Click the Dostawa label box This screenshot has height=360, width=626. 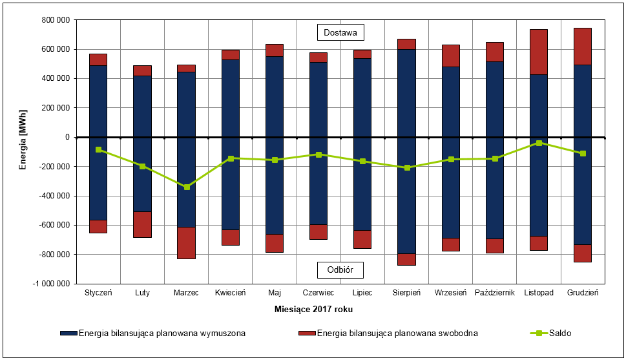point(340,32)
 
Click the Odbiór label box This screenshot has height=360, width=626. point(340,270)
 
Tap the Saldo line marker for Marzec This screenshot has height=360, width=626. point(187,187)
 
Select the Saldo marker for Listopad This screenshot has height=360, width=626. point(539,143)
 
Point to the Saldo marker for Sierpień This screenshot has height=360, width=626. point(407,167)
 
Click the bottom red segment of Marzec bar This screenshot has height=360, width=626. point(187,243)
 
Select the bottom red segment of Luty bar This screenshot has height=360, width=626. point(142,224)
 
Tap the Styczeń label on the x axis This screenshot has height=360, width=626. point(98,293)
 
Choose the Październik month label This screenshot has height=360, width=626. point(495,293)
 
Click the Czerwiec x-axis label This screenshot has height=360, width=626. point(318,293)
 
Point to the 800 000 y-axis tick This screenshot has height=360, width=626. point(55,20)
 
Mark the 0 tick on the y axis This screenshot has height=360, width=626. point(67,137)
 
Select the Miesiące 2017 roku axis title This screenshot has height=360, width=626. point(313,310)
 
